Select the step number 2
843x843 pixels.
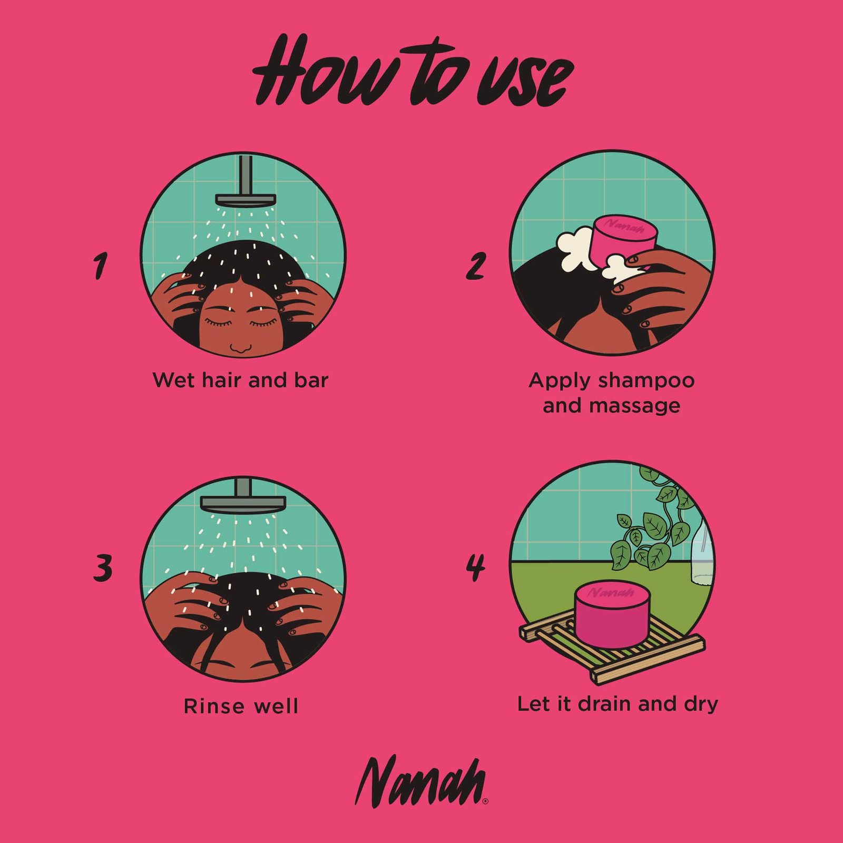coord(476,266)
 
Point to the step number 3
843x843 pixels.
coord(103,569)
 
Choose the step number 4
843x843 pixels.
coord(475,568)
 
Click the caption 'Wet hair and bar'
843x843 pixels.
coord(240,380)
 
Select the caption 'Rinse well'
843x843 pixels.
coord(241,706)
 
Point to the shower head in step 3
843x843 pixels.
coord(243,496)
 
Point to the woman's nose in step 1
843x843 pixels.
coord(241,348)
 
